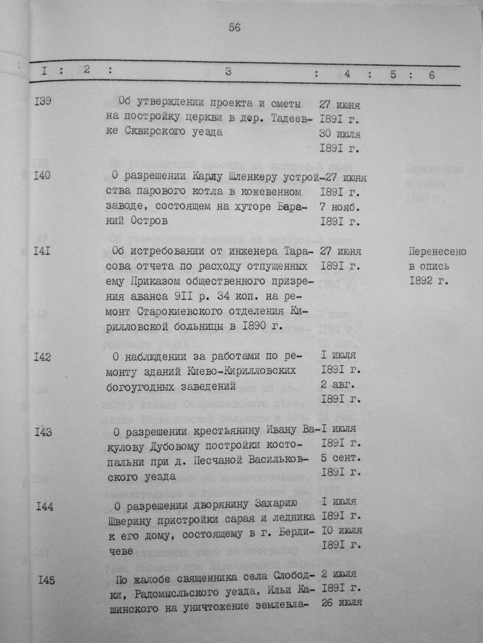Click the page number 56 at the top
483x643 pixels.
(234, 28)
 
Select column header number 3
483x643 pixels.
(228, 72)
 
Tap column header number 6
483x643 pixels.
(432, 74)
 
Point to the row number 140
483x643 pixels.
(42, 176)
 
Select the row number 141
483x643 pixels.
(42, 251)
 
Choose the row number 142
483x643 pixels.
(42, 358)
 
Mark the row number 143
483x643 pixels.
(43, 432)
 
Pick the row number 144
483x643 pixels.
(45, 507)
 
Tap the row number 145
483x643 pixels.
(46, 580)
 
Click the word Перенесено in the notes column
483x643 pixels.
(437, 252)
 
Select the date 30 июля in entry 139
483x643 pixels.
(340, 134)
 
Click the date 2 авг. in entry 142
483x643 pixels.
(337, 384)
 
